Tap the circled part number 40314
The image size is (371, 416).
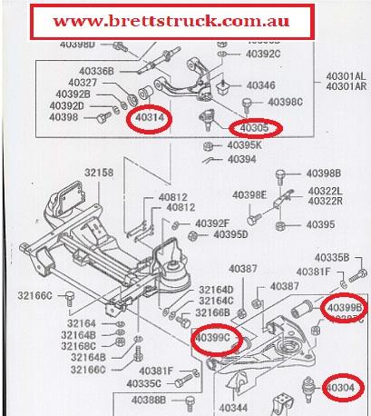coord(148,117)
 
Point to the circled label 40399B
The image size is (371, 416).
coord(344,308)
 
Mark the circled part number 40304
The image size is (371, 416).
coord(345,387)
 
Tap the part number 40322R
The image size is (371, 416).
coord(323,201)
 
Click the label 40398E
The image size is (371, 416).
coord(251,194)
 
